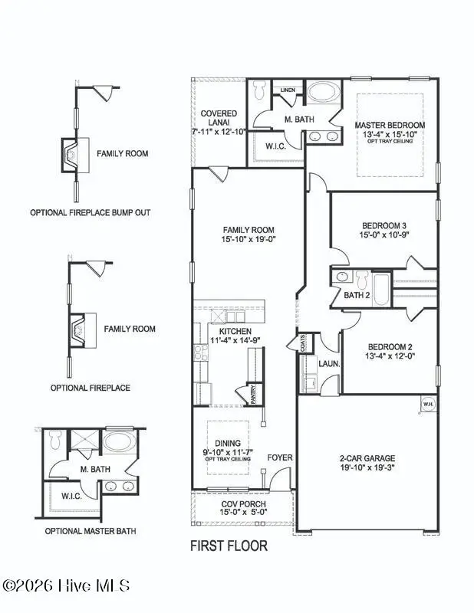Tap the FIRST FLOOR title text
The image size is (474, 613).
click(229, 546)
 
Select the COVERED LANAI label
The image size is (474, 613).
click(219, 118)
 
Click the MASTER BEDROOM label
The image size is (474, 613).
click(389, 125)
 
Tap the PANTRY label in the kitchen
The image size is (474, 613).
click(254, 395)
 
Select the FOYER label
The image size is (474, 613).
click(279, 457)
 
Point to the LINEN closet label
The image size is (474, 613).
click(288, 90)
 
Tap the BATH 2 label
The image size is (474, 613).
click(357, 294)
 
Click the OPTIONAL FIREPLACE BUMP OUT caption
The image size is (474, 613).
click(90, 211)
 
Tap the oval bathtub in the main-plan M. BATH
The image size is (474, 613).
click(324, 95)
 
